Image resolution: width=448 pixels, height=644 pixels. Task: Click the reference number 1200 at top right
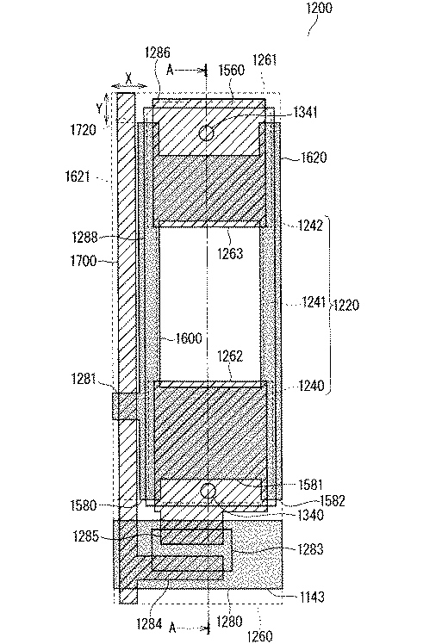[320, 8]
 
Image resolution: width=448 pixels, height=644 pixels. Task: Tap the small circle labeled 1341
[206, 133]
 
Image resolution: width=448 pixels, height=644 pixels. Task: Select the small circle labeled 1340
[208, 491]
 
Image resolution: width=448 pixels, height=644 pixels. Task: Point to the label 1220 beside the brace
[346, 305]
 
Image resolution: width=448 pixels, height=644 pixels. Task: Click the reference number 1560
[232, 70]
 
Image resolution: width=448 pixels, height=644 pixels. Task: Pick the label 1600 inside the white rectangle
[189, 338]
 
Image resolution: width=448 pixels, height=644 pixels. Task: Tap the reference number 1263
[230, 253]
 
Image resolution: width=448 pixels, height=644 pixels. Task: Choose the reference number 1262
[230, 356]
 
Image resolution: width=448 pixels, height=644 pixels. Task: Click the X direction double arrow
[129, 85]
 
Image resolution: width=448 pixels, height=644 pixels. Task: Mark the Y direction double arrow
[107, 108]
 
